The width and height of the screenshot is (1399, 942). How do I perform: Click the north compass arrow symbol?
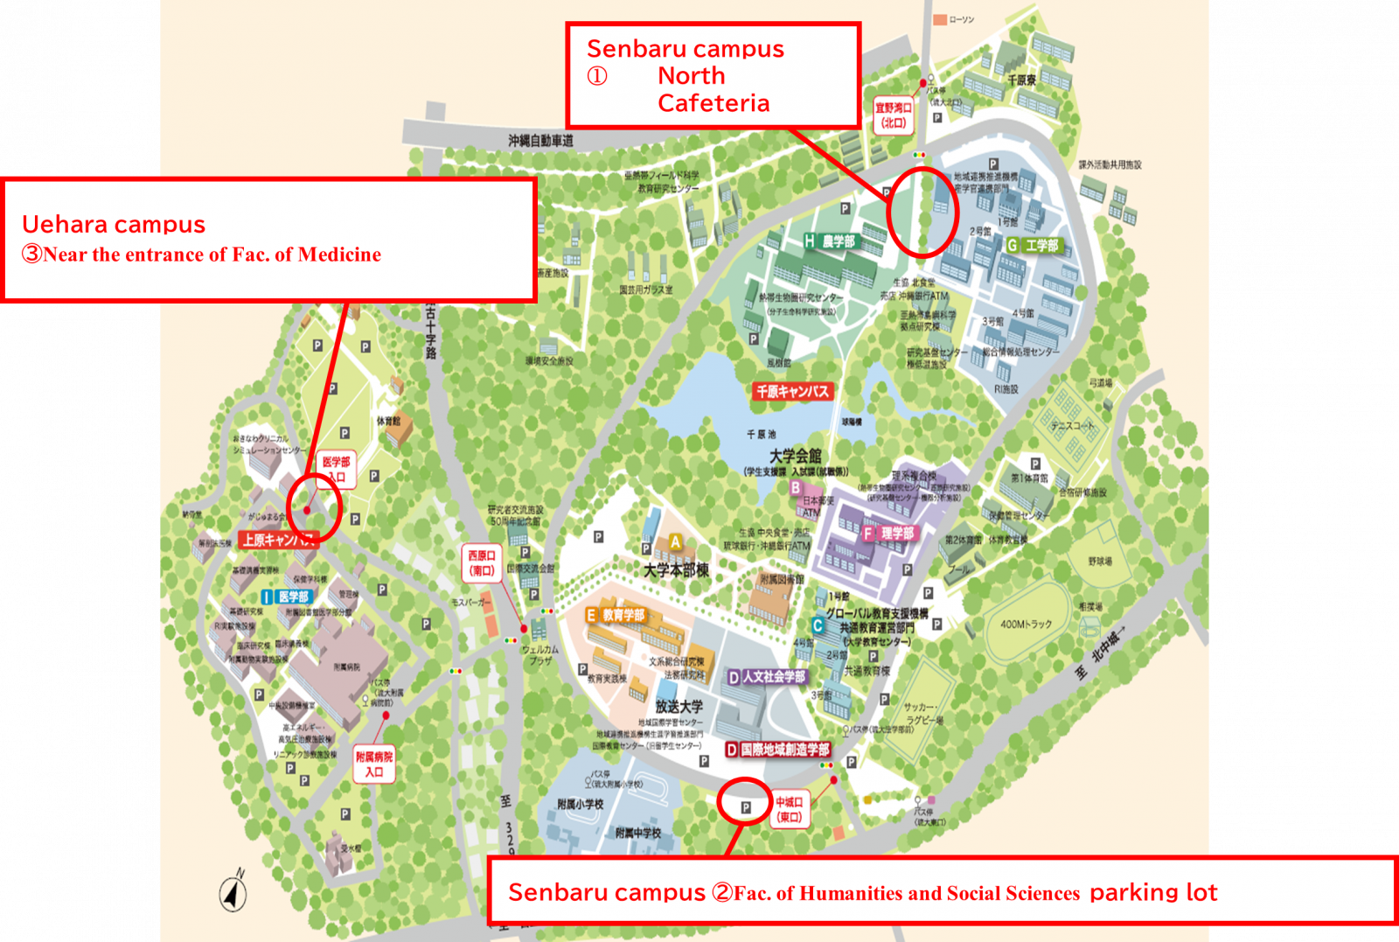tap(233, 892)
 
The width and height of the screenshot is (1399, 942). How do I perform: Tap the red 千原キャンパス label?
tap(792, 391)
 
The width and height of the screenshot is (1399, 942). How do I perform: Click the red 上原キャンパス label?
tap(278, 540)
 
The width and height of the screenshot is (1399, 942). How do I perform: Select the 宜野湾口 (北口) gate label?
tap(894, 115)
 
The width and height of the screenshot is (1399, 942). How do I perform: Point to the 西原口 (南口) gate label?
tap(481, 562)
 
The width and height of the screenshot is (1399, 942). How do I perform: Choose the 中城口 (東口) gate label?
tap(789, 809)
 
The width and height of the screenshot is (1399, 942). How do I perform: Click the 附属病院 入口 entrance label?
tap(374, 764)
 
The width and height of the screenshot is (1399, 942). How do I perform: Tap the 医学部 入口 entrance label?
tap(337, 469)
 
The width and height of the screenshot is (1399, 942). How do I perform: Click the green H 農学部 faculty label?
tap(831, 241)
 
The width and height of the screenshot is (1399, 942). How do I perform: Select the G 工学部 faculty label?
tap(1034, 246)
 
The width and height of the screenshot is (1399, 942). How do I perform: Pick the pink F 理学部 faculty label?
tap(889, 533)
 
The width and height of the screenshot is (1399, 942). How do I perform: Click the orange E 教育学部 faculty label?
tap(616, 616)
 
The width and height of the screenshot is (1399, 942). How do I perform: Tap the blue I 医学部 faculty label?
tap(286, 597)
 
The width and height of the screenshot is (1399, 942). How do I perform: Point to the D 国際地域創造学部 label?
tap(778, 750)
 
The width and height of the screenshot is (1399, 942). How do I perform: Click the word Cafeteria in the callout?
tap(713, 103)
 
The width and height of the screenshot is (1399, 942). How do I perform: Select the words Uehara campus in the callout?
tap(114, 225)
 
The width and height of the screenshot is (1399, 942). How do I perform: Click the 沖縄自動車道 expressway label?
tap(540, 140)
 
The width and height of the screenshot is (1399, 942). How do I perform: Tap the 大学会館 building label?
tap(795, 456)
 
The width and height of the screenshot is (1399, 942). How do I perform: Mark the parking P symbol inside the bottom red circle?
tap(746, 807)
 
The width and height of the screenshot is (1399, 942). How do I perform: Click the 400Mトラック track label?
tap(1026, 624)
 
